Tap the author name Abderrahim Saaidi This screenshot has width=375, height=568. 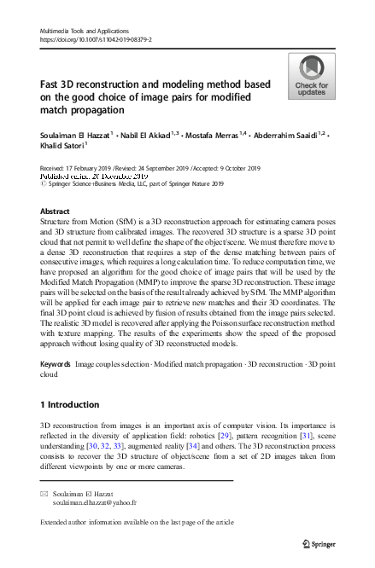[x=286, y=133]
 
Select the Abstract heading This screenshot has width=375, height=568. [x=55, y=210]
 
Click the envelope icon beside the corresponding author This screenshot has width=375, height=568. [x=45, y=494]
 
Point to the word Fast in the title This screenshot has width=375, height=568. [x=52, y=84]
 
